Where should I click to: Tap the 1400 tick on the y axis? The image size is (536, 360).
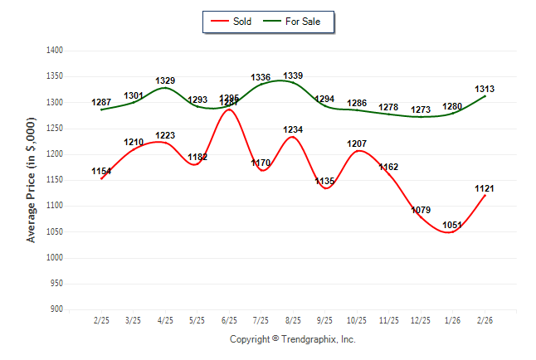pyautogui.click(x=56, y=51)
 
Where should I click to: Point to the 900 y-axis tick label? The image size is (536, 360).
pyautogui.click(x=58, y=309)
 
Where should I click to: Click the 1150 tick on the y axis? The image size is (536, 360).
pyautogui.click(x=56, y=179)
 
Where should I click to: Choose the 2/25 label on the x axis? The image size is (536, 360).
pyautogui.click(x=101, y=319)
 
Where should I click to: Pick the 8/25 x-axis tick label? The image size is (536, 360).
pyautogui.click(x=293, y=319)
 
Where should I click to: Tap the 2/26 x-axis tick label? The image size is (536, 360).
pyautogui.click(x=485, y=319)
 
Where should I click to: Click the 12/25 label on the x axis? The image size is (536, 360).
pyautogui.click(x=421, y=319)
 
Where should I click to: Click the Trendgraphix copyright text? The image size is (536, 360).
pyautogui.click(x=292, y=339)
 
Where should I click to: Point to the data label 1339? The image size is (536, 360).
pyautogui.click(x=292, y=75)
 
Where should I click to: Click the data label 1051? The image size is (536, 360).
pyautogui.click(x=452, y=223)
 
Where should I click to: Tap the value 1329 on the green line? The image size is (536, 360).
pyautogui.click(x=165, y=80)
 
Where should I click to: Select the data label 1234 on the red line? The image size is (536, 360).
pyautogui.click(x=292, y=129)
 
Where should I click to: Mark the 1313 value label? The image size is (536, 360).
pyautogui.click(x=485, y=89)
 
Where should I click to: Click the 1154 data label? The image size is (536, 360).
pyautogui.click(x=101, y=171)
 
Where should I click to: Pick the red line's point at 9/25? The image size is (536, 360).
pyautogui.click(x=325, y=188)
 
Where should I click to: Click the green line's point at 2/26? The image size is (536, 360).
pyautogui.click(x=485, y=96)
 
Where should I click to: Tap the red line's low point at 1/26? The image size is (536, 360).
pyautogui.click(x=452, y=231)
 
